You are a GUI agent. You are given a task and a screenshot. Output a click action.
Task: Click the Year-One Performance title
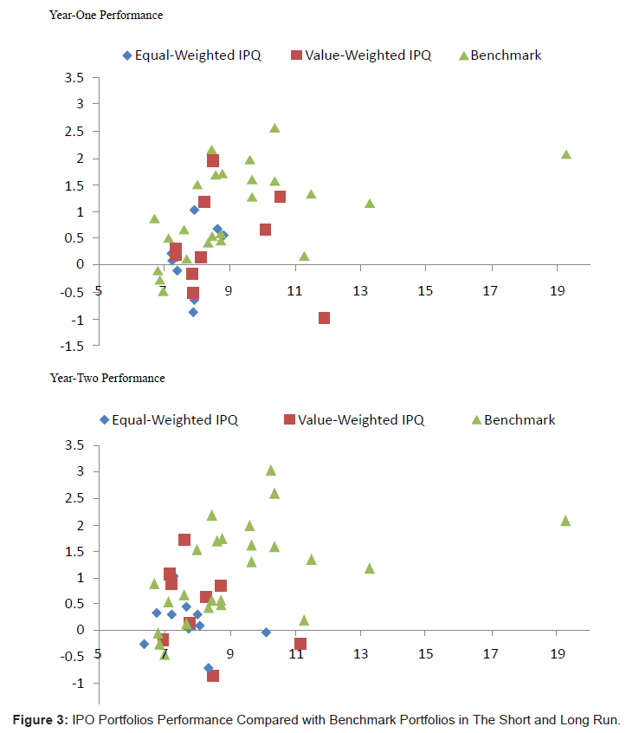click(106, 16)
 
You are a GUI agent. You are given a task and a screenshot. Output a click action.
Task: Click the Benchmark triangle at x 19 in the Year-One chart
click(566, 154)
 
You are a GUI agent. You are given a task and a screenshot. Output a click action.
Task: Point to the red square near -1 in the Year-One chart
click(324, 318)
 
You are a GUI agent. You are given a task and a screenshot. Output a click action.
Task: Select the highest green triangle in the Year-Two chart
click(271, 470)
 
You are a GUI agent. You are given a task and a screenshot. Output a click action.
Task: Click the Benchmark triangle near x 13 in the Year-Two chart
click(370, 568)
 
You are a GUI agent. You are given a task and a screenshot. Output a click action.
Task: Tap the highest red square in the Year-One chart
click(213, 160)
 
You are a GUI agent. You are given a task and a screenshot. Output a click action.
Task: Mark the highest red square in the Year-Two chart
click(184, 540)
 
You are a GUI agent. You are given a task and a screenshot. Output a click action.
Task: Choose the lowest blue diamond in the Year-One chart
click(193, 312)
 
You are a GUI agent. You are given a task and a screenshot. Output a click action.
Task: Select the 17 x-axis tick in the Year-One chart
click(491, 291)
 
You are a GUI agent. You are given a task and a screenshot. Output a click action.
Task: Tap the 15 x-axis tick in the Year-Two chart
click(425, 656)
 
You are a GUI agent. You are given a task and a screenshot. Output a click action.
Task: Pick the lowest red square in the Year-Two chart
click(213, 676)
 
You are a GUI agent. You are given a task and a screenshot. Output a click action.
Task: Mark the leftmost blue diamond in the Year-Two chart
click(144, 644)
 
